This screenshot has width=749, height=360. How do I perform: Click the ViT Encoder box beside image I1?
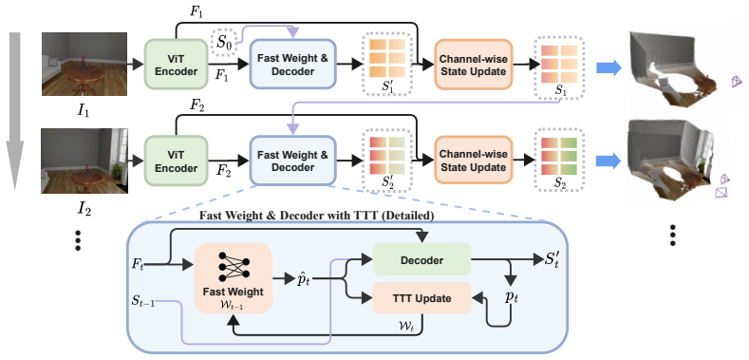click(177, 64)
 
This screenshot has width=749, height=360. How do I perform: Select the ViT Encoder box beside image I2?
click(177, 161)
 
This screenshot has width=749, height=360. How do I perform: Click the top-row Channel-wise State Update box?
click(473, 65)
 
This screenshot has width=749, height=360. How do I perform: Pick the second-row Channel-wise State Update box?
click(473, 161)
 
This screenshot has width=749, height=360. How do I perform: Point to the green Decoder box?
click(421, 259)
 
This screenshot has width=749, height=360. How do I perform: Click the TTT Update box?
click(421, 298)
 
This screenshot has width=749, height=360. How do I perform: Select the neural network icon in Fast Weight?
click(234, 266)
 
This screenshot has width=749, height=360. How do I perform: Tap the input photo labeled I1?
click(84, 64)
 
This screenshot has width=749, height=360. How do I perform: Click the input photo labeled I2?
click(84, 161)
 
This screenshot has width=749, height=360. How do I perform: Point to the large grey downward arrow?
click(16, 111)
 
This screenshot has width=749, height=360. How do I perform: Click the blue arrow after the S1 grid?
click(609, 67)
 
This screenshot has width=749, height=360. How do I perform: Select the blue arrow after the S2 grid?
click(609, 161)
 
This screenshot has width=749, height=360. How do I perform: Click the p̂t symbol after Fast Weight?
click(304, 278)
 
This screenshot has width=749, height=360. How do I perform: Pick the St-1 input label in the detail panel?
click(143, 302)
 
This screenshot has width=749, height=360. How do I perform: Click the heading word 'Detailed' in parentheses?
click(409, 217)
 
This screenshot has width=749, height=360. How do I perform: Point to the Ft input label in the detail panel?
click(138, 263)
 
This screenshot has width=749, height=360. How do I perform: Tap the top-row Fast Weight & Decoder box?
click(292, 65)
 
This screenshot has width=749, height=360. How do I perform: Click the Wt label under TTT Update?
click(403, 325)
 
